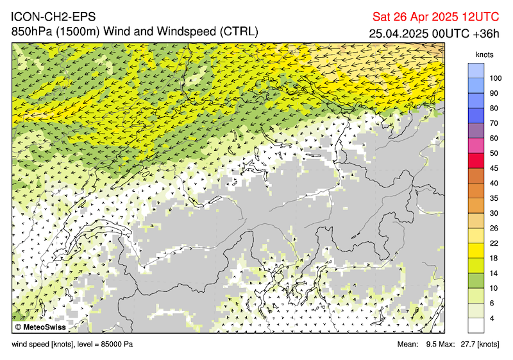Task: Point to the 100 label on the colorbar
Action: click(496, 78)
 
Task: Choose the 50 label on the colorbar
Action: click(494, 153)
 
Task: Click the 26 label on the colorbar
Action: click(494, 228)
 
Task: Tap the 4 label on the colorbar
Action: click(492, 318)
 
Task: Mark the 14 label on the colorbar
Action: click(494, 273)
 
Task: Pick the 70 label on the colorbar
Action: click(494, 123)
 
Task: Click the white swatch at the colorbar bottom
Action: click(475, 325)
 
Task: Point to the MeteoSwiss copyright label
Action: click(44, 327)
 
